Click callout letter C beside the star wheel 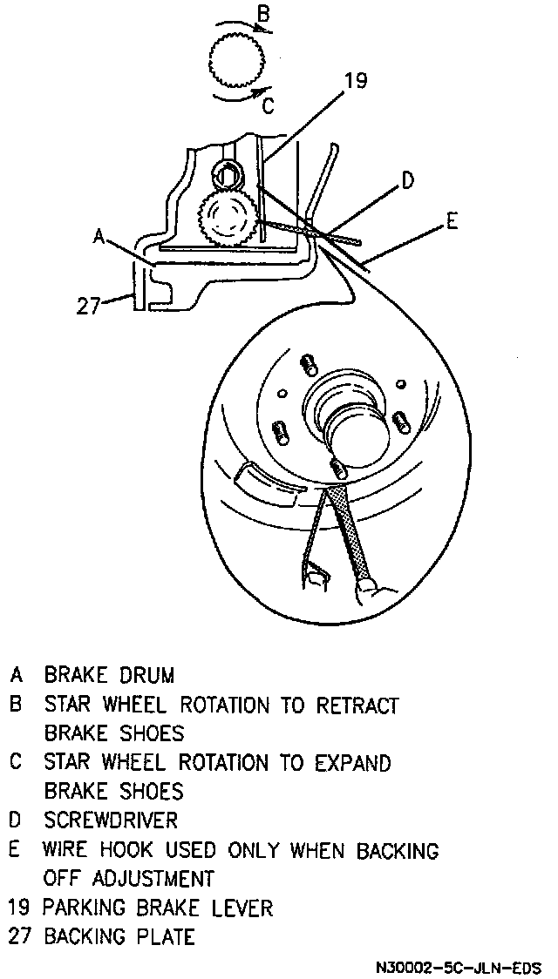tap(269, 105)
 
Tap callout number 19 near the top tap(356, 82)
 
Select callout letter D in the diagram tap(407, 180)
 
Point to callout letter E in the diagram tap(451, 221)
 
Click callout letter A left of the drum tap(99, 235)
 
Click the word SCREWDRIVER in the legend tap(112, 820)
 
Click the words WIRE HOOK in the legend tap(92, 849)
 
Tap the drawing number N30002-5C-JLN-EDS tap(459, 968)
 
